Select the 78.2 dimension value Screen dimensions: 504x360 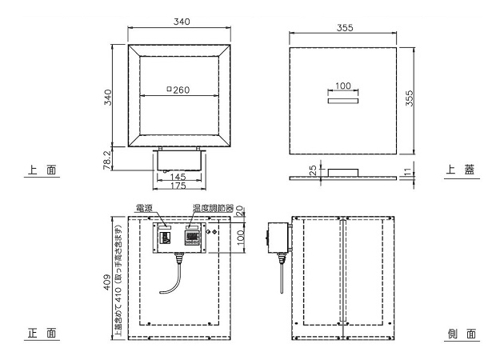107,160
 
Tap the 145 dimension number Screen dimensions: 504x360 178,177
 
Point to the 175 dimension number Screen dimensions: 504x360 178,186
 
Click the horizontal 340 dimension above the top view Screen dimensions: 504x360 182,22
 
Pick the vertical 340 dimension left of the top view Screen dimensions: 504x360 108,97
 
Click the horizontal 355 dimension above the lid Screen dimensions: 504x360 345,28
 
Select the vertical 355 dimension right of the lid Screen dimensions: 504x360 409,98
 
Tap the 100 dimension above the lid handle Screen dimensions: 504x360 343,86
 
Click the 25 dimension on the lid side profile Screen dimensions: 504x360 313,170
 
